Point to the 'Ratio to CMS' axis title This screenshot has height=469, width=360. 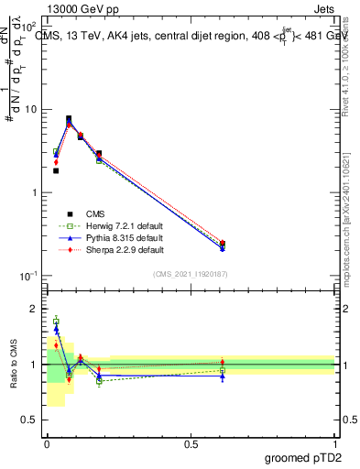point(13,364)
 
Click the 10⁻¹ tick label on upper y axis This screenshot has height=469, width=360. point(29,276)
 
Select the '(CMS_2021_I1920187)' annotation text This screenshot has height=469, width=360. point(191,274)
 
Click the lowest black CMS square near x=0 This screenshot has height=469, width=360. point(56,170)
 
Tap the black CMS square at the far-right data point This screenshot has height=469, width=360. point(223,244)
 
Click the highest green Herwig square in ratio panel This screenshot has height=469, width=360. point(56,321)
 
